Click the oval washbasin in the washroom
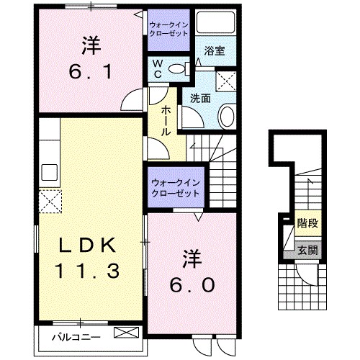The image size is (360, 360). click(225, 116)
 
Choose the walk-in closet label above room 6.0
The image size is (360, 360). click(176, 189)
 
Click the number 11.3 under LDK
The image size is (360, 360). click(87, 271)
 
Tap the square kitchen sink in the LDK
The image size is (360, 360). click(50, 173)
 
